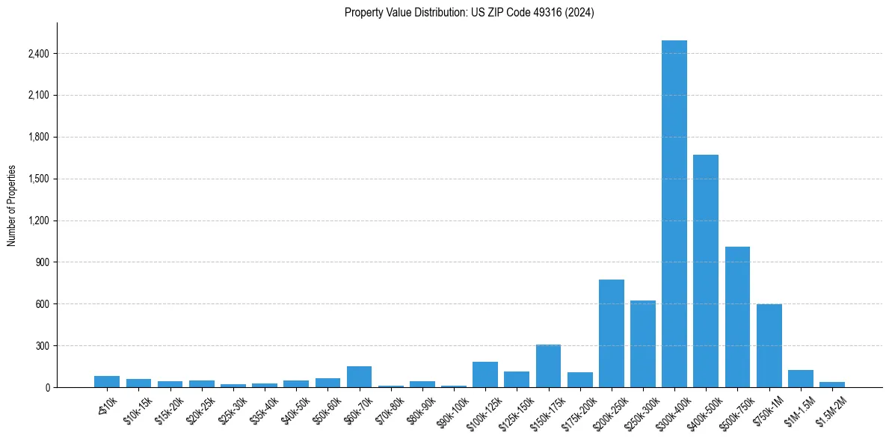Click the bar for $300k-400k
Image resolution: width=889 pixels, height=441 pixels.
pyautogui.click(x=674, y=214)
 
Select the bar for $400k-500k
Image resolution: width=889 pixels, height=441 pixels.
pyautogui.click(x=705, y=271)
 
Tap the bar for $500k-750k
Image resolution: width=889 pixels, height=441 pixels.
pyautogui.click(x=737, y=317)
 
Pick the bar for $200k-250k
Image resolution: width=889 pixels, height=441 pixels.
pyautogui.click(x=611, y=333)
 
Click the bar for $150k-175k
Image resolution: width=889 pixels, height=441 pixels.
pyautogui.click(x=548, y=366)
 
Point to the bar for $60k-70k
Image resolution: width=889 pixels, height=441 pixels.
pyautogui.click(x=359, y=377)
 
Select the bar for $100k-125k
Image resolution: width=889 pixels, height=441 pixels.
pyautogui.click(x=485, y=374)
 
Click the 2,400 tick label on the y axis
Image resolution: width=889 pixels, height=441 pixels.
pyautogui.click(x=39, y=54)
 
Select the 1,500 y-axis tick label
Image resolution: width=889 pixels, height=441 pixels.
pyautogui.click(x=39, y=179)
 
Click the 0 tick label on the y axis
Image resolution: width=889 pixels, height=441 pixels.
pyautogui.click(x=47, y=388)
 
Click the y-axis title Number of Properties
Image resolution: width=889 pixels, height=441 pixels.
pyautogui.click(x=12, y=206)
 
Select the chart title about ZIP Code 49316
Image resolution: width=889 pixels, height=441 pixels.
pyautogui.click(x=469, y=13)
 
